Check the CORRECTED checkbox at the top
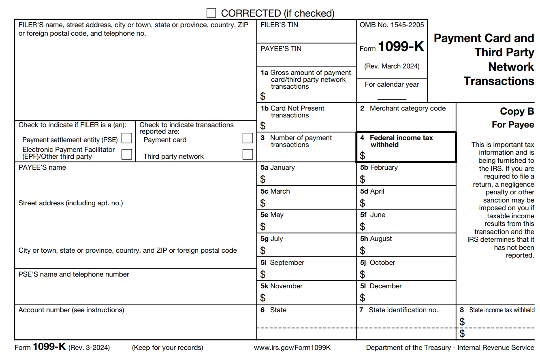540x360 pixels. coord(211,13)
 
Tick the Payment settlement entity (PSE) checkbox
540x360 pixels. coord(127,138)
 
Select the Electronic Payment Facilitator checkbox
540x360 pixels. coord(127,154)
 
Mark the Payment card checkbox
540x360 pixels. coord(248,138)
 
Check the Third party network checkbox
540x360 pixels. coord(248,154)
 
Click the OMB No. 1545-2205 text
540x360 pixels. coord(392,25)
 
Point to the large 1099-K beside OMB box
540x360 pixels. coord(401,47)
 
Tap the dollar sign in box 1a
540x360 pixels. coord(263,96)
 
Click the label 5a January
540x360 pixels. coord(277,168)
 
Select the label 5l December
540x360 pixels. coord(381,286)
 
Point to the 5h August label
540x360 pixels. coord(376,239)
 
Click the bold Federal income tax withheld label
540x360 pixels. coord(401,141)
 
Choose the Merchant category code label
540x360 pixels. coord(407,109)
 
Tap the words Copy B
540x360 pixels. coord(517,111)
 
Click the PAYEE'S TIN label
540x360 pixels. coord(281,49)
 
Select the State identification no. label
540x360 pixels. coord(403,310)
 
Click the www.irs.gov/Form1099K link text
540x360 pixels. coord(292,348)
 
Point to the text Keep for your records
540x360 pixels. coord(168,348)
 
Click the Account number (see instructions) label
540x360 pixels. coord(71,310)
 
